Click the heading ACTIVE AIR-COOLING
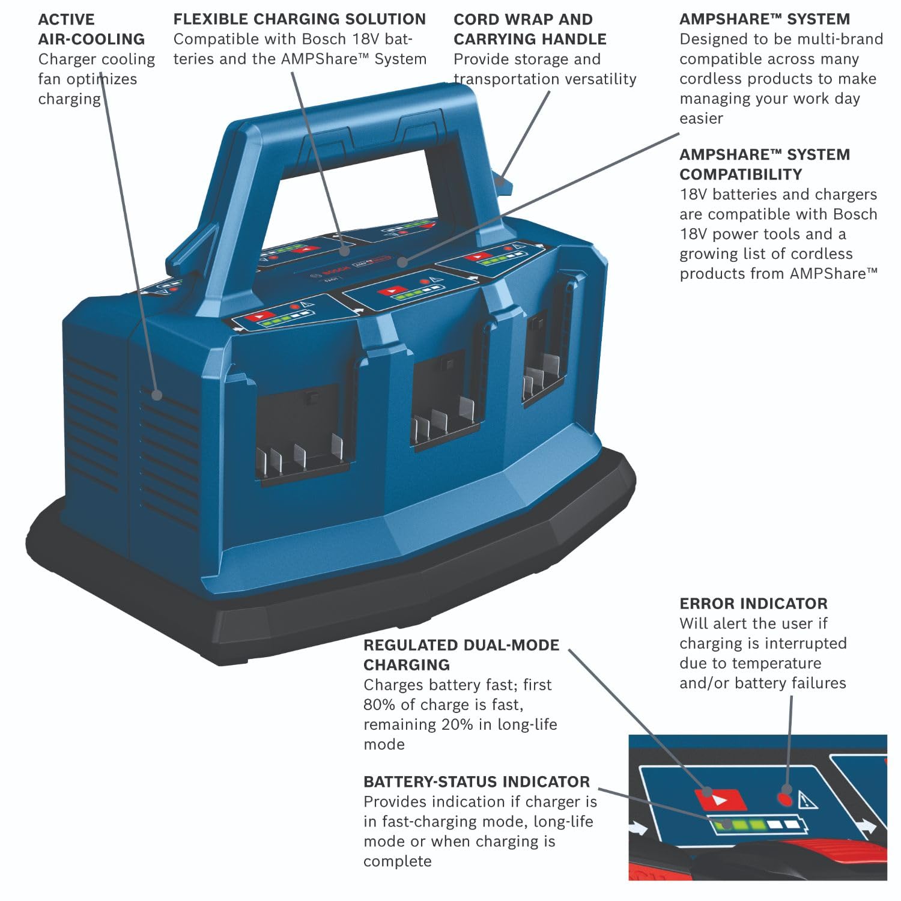[x=91, y=29]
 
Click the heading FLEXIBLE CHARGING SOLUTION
[x=299, y=19]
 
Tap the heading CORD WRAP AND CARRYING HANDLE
[x=529, y=29]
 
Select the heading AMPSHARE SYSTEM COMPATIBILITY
[x=764, y=164]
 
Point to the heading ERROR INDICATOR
[x=753, y=604]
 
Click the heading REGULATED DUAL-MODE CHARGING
[x=461, y=655]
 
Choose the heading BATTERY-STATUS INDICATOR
[x=476, y=781]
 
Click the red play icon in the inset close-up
[x=720, y=799]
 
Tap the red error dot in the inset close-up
[x=784, y=798]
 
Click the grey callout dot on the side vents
[x=157, y=395]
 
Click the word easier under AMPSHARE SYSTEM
[x=701, y=118]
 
